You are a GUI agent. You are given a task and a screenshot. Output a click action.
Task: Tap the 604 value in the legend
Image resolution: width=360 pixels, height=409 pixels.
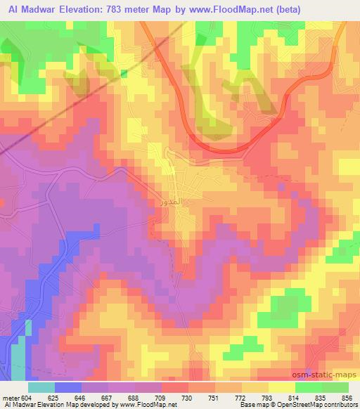point(27,397)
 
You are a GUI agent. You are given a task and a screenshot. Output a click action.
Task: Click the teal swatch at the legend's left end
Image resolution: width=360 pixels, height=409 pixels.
point(41,387)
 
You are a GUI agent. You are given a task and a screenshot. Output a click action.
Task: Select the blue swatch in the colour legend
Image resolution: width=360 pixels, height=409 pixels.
point(67,387)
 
